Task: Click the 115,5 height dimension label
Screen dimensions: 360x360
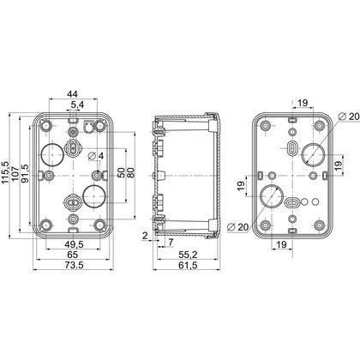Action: point(6,172)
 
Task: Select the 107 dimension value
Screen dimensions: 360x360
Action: point(15,172)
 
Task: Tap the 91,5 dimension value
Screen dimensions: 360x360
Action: point(25,173)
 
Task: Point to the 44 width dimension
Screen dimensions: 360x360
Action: point(72,94)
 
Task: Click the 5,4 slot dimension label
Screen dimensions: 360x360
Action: point(77,105)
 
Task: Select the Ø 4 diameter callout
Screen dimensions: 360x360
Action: point(96,156)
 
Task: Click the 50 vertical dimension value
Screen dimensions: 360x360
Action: point(121,172)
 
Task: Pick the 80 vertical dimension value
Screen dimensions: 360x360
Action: point(130,172)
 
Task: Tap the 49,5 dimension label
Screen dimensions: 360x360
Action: point(74,244)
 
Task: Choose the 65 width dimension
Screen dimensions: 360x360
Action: point(72,255)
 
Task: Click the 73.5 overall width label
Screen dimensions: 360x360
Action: point(74,265)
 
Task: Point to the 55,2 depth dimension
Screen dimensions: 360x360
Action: point(188,255)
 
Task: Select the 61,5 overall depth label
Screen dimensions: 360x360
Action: point(188,265)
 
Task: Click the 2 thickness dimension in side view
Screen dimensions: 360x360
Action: point(145,236)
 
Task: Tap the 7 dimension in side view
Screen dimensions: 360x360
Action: point(171,243)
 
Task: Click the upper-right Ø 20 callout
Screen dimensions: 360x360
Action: point(348,117)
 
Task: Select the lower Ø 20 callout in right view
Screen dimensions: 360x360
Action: point(238,227)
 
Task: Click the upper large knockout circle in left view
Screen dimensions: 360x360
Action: point(52,154)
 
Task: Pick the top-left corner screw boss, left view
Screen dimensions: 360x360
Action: point(46,125)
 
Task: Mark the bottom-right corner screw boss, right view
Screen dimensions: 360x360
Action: point(320,225)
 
